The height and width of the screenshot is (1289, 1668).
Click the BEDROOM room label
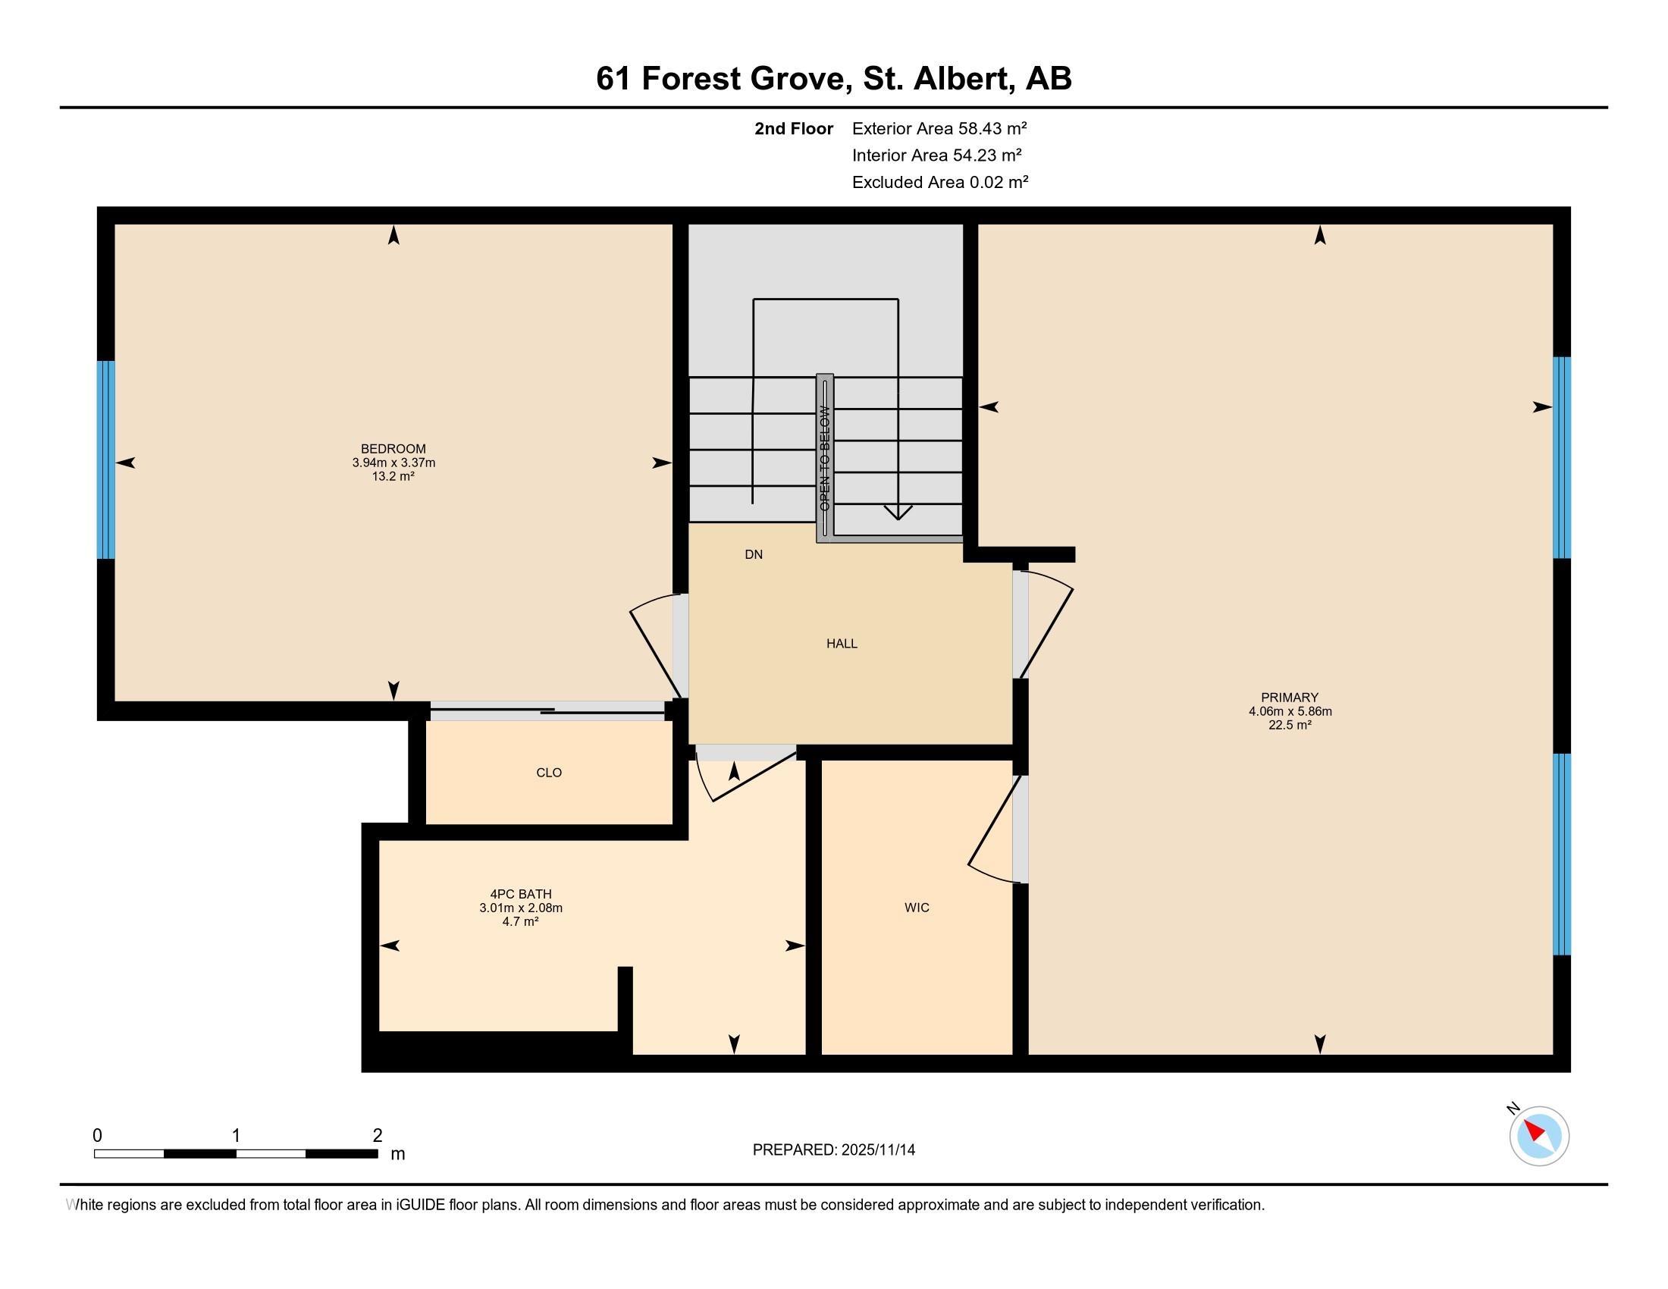tap(393, 449)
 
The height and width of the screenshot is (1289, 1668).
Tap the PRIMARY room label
tap(1289, 697)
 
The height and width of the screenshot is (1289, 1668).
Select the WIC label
tap(917, 907)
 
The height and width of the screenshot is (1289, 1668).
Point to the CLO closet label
tap(549, 773)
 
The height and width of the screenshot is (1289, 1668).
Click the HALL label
tap(842, 644)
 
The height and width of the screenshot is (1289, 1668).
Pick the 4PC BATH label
tap(521, 894)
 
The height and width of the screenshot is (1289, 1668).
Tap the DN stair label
tap(754, 554)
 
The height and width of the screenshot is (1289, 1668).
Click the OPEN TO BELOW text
tap(825, 458)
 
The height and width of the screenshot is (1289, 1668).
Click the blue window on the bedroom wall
tap(106, 459)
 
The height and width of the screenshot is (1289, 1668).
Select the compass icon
tap(1539, 1136)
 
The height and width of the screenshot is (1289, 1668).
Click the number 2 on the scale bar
tap(378, 1136)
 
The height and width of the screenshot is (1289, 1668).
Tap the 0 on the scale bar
tap(97, 1136)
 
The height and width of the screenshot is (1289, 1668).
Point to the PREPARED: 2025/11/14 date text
tap(834, 1149)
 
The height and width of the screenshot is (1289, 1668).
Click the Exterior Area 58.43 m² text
tap(939, 128)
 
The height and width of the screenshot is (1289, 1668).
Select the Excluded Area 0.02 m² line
tap(940, 182)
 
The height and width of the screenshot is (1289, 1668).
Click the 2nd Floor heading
tap(794, 128)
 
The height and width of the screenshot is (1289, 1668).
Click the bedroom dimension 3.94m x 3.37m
tap(393, 463)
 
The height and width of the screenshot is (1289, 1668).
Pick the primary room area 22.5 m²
tap(1290, 725)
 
